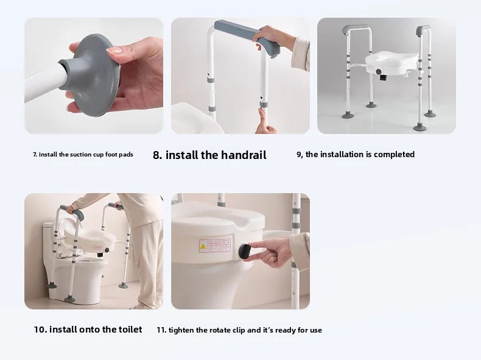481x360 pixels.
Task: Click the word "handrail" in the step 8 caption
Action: point(244,155)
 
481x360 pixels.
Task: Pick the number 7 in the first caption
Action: point(35,154)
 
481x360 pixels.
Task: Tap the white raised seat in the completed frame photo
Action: point(391,63)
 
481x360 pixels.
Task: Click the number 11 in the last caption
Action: point(161,330)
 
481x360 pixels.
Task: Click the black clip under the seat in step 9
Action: point(383,77)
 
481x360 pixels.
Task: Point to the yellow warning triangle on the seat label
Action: point(203,246)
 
